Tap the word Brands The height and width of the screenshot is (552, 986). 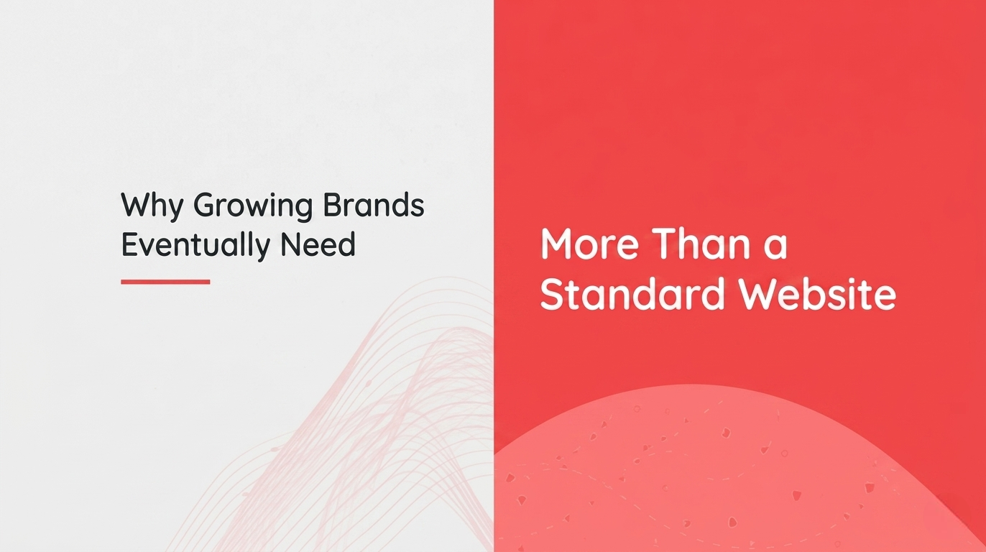click(x=373, y=206)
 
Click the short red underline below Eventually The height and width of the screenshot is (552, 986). click(x=165, y=282)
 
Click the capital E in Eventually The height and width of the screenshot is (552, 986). click(x=129, y=245)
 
